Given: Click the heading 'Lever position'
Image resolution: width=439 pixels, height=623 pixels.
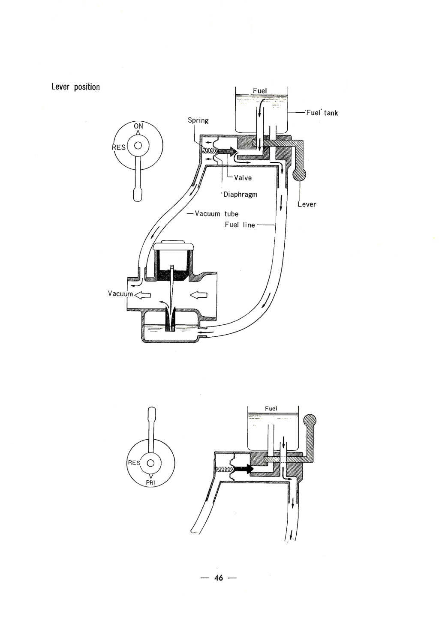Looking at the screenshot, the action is [76, 87].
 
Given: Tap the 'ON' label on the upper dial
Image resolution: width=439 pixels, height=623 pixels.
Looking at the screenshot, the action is [138, 126].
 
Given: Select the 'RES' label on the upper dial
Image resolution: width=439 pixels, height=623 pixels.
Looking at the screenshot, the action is [119, 147].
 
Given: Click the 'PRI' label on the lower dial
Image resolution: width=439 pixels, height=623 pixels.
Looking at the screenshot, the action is [150, 483].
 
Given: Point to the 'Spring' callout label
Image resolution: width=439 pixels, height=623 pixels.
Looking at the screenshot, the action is [198, 120].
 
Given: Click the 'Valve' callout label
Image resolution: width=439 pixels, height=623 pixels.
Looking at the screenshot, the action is [243, 178].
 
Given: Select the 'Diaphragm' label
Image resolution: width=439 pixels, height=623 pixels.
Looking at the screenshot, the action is [241, 195].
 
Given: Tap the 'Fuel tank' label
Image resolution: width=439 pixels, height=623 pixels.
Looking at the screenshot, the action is [322, 113].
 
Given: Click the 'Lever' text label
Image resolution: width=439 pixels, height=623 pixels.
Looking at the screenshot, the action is [307, 204].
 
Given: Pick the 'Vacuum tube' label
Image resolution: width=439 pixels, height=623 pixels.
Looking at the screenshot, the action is [216, 214].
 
